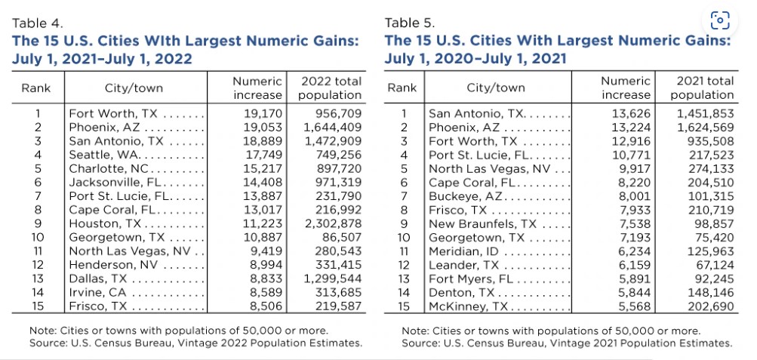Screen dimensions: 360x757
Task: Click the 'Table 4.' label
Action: tap(36, 25)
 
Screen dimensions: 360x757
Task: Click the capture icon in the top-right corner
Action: tap(721, 20)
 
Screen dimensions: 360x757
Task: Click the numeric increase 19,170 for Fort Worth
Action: tap(261, 113)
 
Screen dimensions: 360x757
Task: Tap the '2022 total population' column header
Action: tap(331, 88)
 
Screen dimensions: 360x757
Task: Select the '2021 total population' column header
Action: tap(702, 88)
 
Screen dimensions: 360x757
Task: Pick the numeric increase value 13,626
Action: tap(630, 113)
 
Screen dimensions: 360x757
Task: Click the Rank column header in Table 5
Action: tap(402, 88)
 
